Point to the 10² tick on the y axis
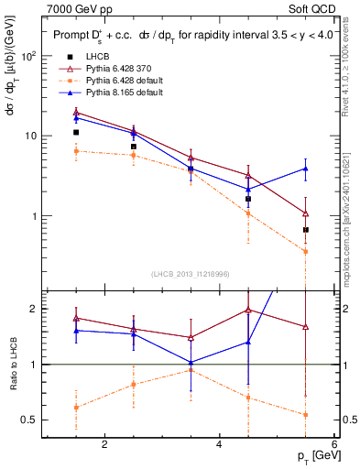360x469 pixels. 28,56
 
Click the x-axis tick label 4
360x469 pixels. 219,444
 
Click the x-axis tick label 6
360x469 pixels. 333,444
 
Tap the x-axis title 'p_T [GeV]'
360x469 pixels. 315,456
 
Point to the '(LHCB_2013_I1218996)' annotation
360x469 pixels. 191,274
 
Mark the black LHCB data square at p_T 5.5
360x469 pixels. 306,230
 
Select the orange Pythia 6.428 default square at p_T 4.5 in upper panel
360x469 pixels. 248,213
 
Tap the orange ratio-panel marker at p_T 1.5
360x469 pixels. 76,408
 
